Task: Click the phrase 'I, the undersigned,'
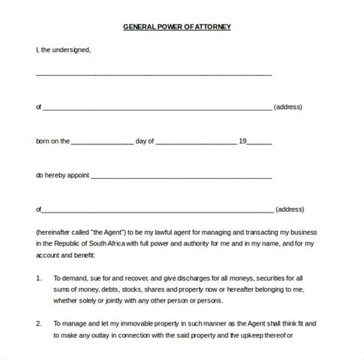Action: (x=63, y=50)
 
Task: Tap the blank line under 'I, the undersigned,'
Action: (x=154, y=74)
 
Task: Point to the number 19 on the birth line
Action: (x=242, y=140)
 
